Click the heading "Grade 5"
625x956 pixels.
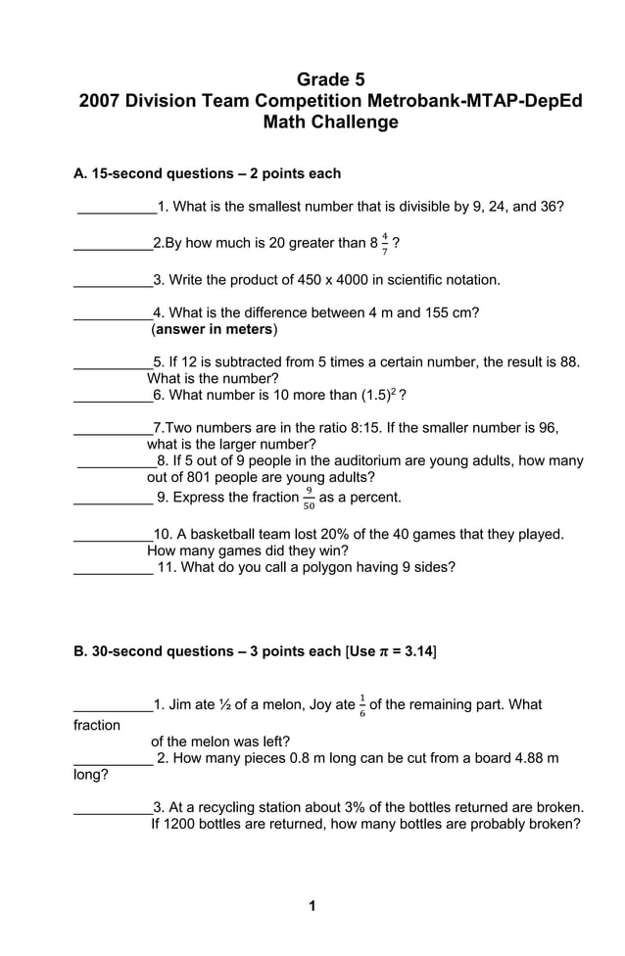(x=330, y=78)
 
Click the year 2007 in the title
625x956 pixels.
(x=100, y=101)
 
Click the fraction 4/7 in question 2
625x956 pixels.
(x=385, y=244)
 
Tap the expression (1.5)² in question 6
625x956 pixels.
(x=374, y=395)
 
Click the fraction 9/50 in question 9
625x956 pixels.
(x=309, y=499)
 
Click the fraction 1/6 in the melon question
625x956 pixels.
(x=362, y=705)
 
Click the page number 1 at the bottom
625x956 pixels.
(x=312, y=906)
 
